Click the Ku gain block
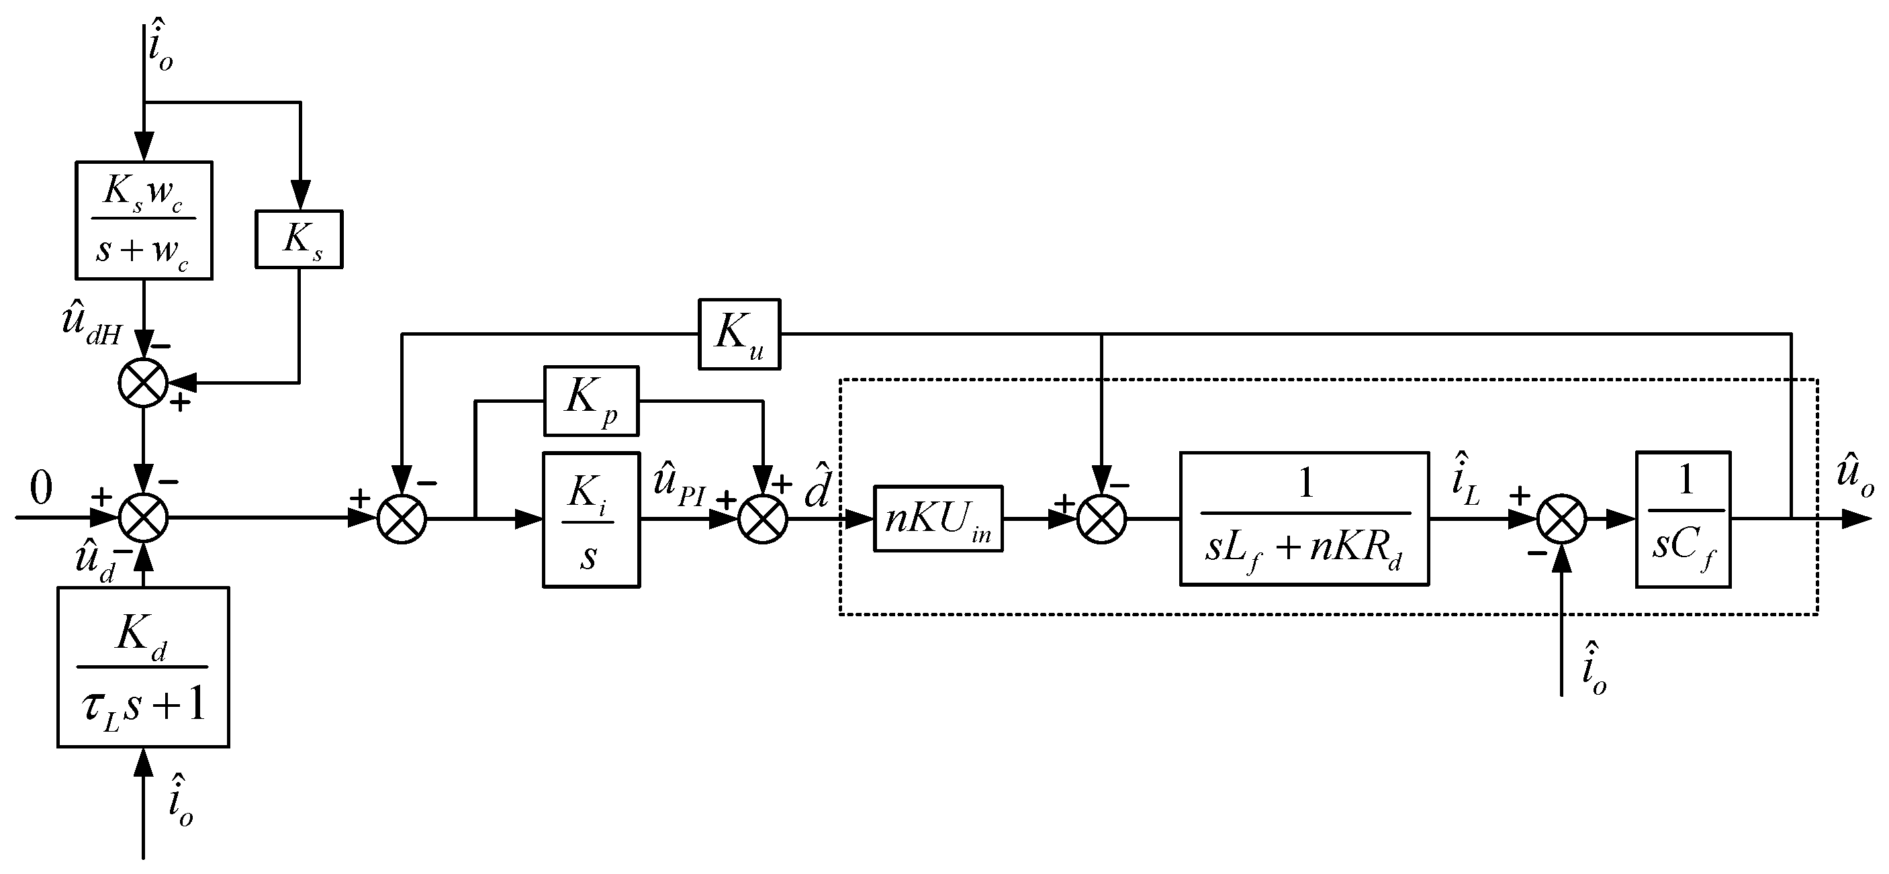tap(739, 334)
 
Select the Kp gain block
tap(591, 401)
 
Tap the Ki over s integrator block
tap(591, 519)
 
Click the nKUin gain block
tap(938, 519)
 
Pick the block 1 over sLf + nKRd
tap(1304, 518)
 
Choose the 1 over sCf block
tap(1683, 519)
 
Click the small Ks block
tap(298, 239)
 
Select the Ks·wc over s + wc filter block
tap(144, 220)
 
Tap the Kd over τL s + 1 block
tap(143, 667)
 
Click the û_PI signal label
tap(678, 485)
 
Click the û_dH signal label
tap(92, 326)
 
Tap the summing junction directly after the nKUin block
tap(1101, 519)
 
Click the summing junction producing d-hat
tap(763, 519)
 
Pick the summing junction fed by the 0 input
tap(143, 518)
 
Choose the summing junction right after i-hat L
tap(1561, 519)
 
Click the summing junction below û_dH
tap(143, 382)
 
